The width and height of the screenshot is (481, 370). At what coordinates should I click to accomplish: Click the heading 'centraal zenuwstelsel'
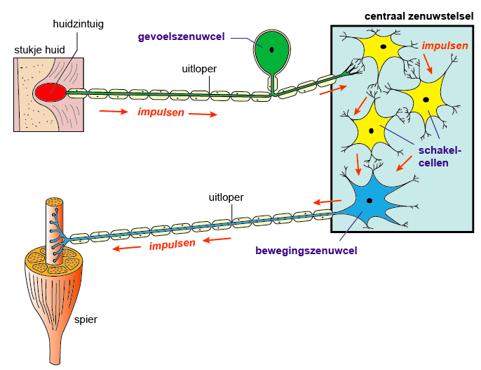click(x=418, y=15)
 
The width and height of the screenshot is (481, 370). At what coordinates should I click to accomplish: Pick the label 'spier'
click(x=86, y=319)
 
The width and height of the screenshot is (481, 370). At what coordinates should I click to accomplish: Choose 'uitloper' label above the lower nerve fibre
click(x=226, y=197)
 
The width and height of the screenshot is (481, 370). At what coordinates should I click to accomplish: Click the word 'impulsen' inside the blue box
click(x=445, y=46)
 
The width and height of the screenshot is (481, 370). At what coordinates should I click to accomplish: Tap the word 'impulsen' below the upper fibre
click(x=161, y=112)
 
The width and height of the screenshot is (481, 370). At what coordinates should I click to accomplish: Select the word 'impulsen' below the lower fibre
click(x=172, y=244)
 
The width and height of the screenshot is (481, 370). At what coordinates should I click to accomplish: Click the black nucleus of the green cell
click(x=271, y=48)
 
